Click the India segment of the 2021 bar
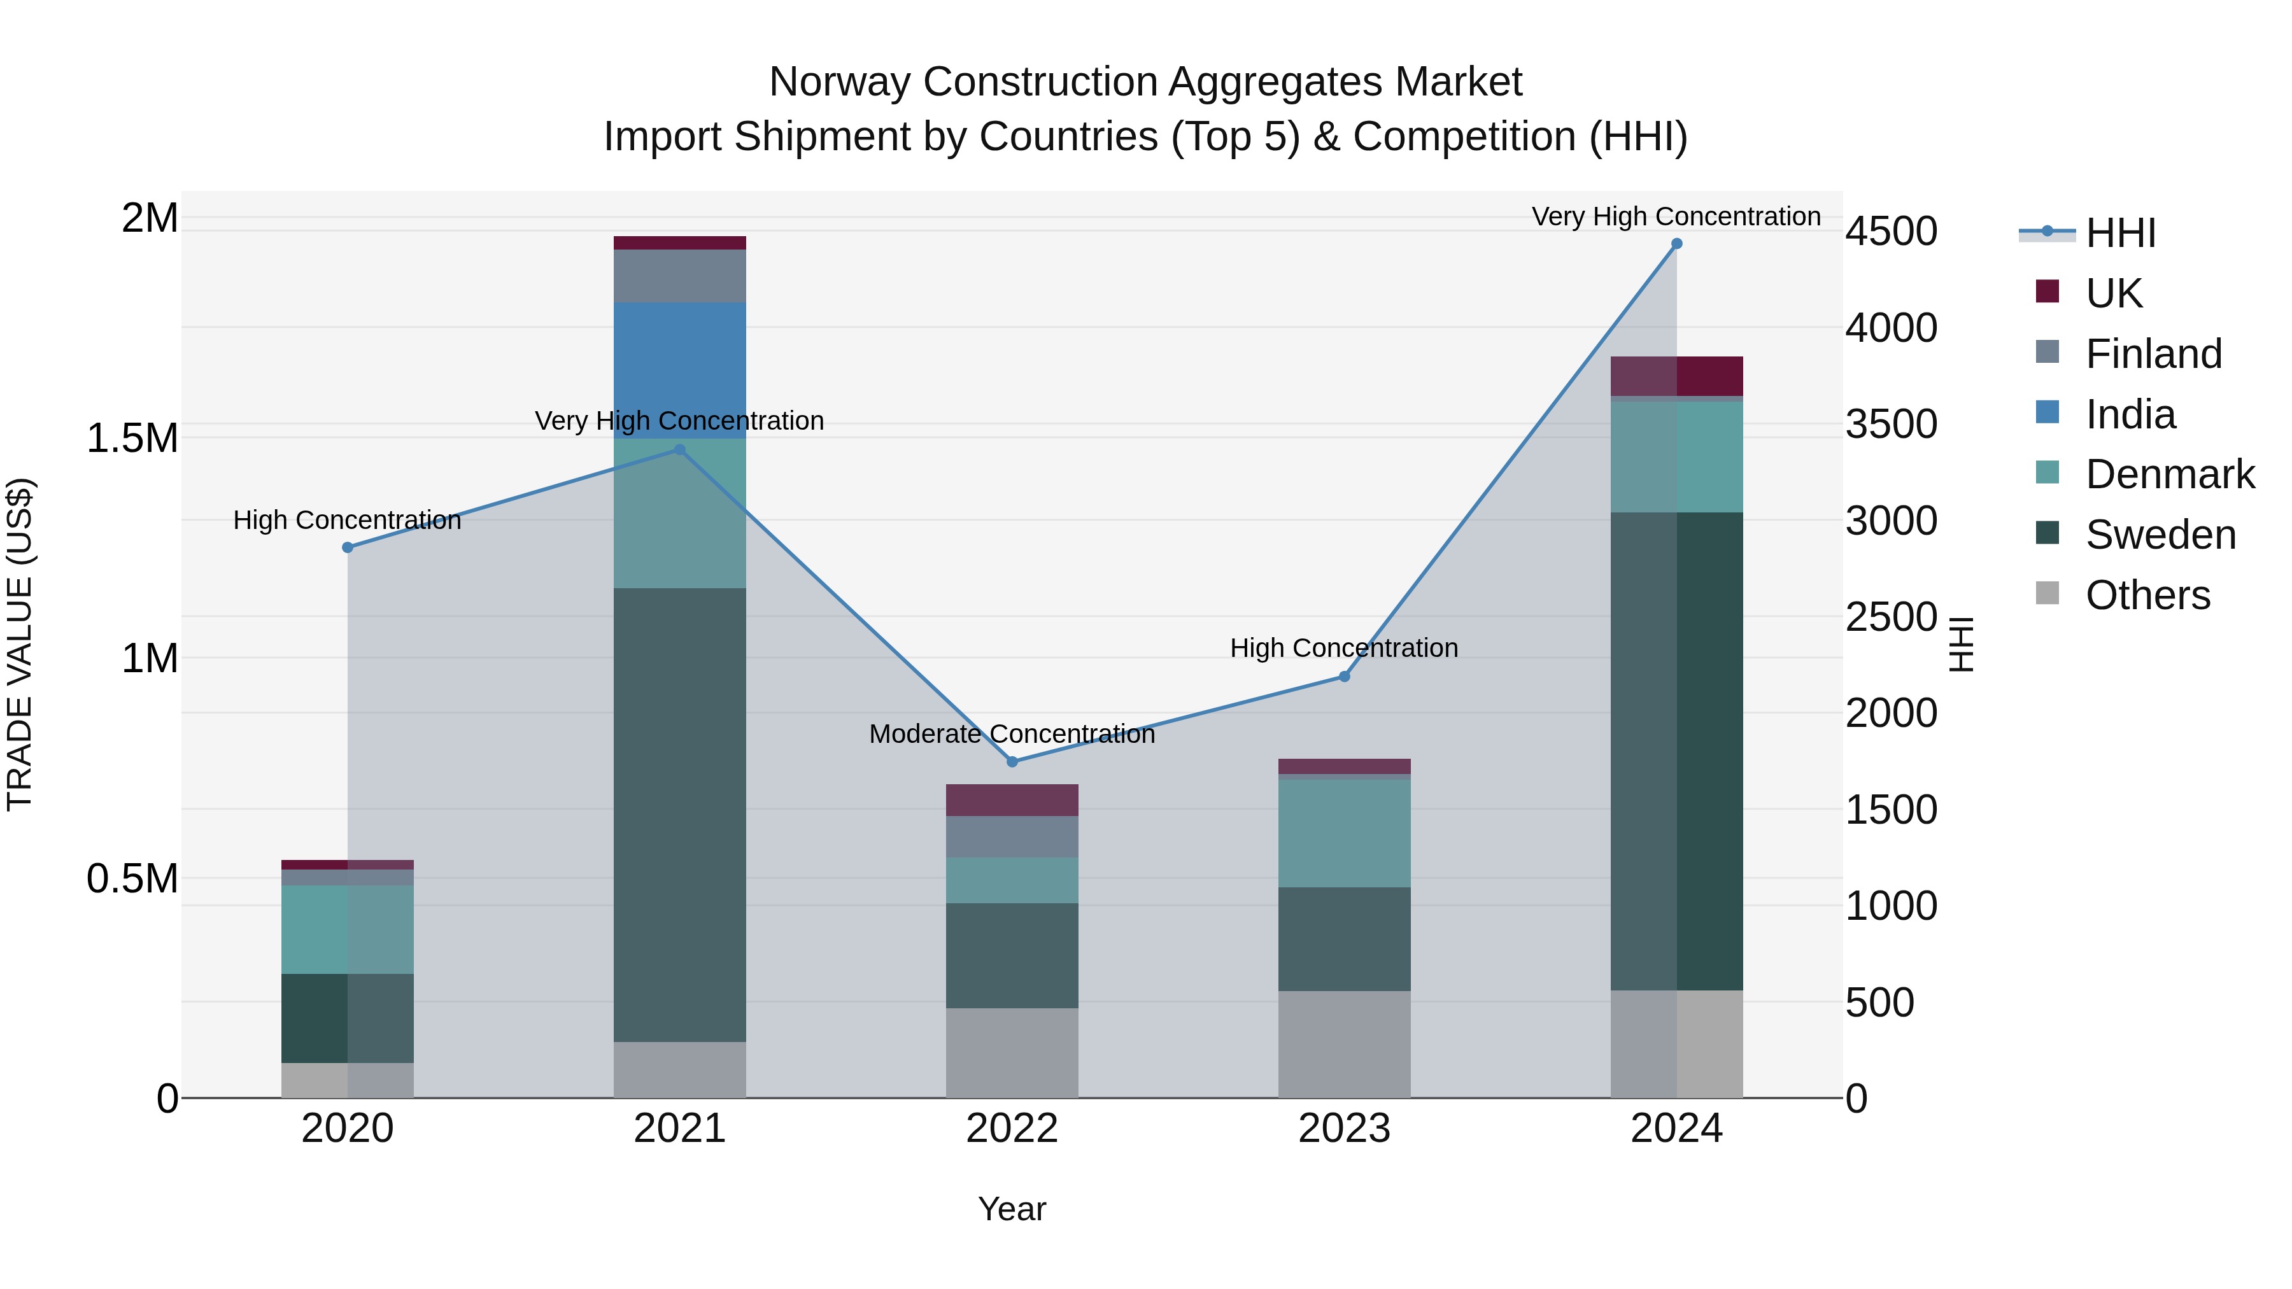point(680,369)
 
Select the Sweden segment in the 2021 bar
point(680,814)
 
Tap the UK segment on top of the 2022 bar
point(1012,799)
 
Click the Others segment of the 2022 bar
point(1012,1052)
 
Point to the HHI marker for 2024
point(1676,244)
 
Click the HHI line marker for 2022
point(1012,761)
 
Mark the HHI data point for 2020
point(348,547)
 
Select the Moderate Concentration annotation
point(1012,734)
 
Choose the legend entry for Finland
point(2153,354)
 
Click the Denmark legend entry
point(2169,474)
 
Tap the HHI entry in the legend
point(2119,233)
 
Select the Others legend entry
point(2147,595)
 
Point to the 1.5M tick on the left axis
point(132,438)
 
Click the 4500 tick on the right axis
point(1891,231)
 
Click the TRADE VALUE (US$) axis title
point(20,644)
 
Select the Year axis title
point(1012,1209)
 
